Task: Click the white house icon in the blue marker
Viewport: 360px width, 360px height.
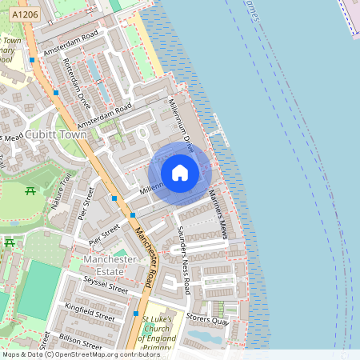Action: click(180, 173)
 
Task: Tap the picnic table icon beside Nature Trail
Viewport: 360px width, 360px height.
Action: click(30, 191)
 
